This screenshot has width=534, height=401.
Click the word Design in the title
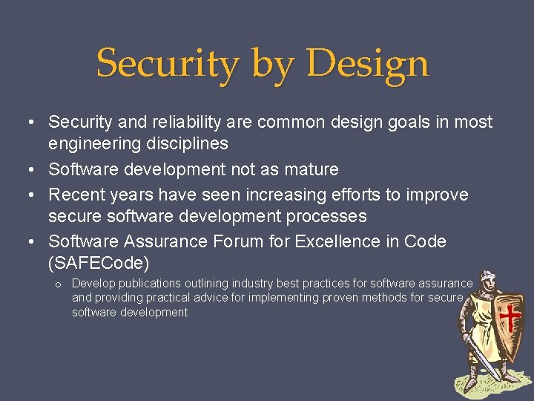(367, 63)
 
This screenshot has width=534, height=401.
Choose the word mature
(309, 169)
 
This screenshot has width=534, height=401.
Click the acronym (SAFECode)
(99, 263)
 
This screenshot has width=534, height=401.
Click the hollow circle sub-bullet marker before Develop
(57, 284)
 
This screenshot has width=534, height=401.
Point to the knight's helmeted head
(488, 281)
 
